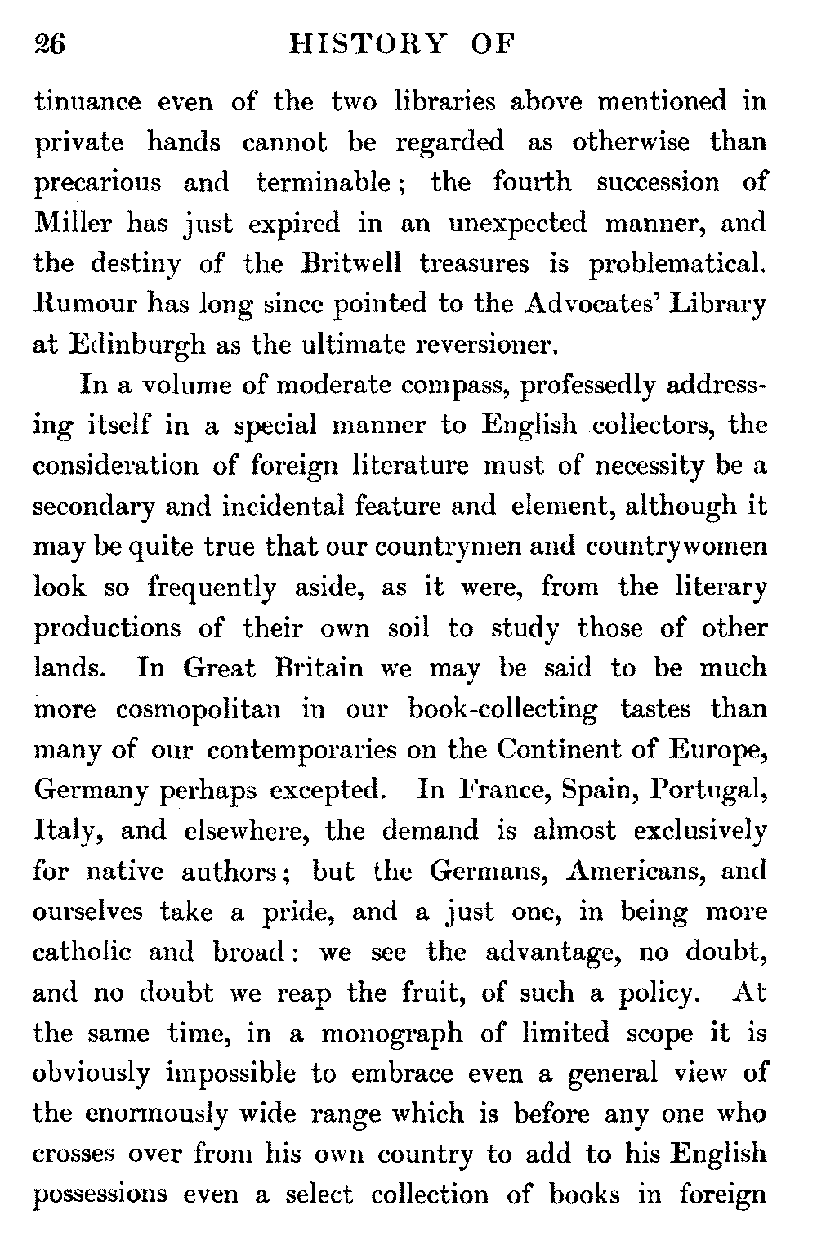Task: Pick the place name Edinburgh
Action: [x=130, y=346]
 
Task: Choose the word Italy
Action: [x=66, y=832]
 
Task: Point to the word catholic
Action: [x=84, y=953]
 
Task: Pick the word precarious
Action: [x=97, y=182]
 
